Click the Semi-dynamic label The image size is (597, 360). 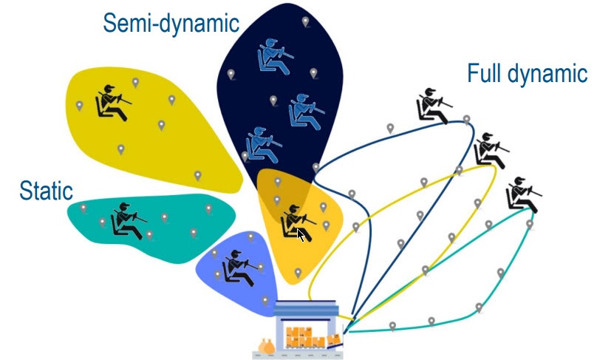point(171,24)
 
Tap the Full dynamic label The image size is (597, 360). point(527,74)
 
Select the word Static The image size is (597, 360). point(46,191)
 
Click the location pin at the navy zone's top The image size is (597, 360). point(305,22)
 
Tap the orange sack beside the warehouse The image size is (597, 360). point(267,346)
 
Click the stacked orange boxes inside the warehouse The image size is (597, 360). point(298,336)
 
